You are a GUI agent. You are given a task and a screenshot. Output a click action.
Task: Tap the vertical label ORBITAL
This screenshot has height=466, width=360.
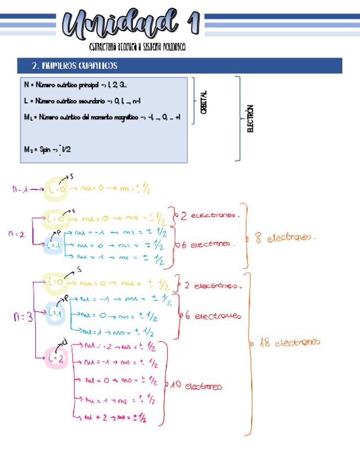[204, 102]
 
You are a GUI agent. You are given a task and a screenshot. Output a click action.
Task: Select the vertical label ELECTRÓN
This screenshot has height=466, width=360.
[251, 118]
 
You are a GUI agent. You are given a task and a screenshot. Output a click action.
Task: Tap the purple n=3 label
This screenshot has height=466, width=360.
[21, 318]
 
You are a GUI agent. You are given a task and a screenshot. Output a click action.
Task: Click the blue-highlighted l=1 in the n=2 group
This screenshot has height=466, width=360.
[53, 245]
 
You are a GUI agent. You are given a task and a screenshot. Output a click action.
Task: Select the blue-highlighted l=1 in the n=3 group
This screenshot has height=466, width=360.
[54, 313]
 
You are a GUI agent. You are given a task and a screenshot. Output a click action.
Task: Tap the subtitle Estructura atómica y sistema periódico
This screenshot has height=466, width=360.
[137, 48]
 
